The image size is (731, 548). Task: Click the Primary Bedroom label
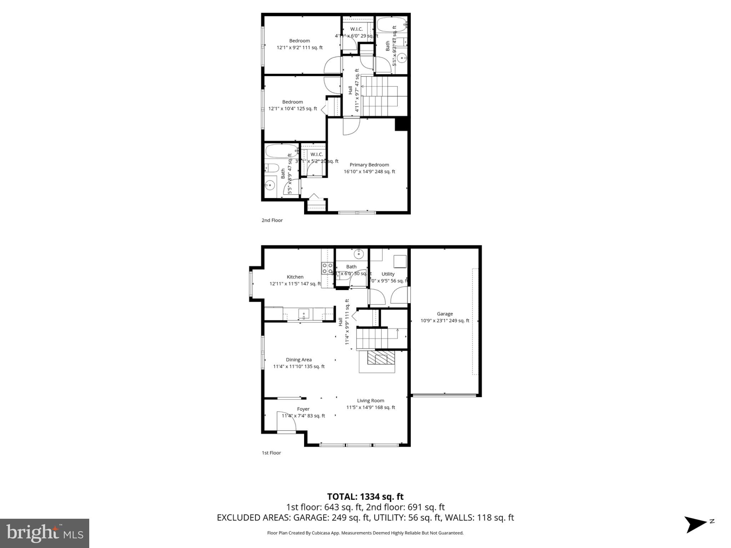369,165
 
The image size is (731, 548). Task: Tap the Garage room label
445,314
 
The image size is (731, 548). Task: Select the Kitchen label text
295,277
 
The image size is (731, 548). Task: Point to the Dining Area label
299,360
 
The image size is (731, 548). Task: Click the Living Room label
370,401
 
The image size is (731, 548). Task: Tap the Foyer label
303,409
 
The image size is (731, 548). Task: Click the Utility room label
388,274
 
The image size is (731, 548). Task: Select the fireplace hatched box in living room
382,357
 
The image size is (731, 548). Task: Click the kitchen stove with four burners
327,268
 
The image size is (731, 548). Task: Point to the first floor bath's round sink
359,254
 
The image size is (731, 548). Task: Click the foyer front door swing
287,422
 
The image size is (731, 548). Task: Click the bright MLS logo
45,533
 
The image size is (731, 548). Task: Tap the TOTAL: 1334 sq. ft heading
365,497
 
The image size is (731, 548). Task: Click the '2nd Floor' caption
272,220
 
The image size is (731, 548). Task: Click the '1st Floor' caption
271,453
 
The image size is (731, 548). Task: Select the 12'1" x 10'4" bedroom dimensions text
293,109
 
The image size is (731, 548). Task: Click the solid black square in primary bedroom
401,125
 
